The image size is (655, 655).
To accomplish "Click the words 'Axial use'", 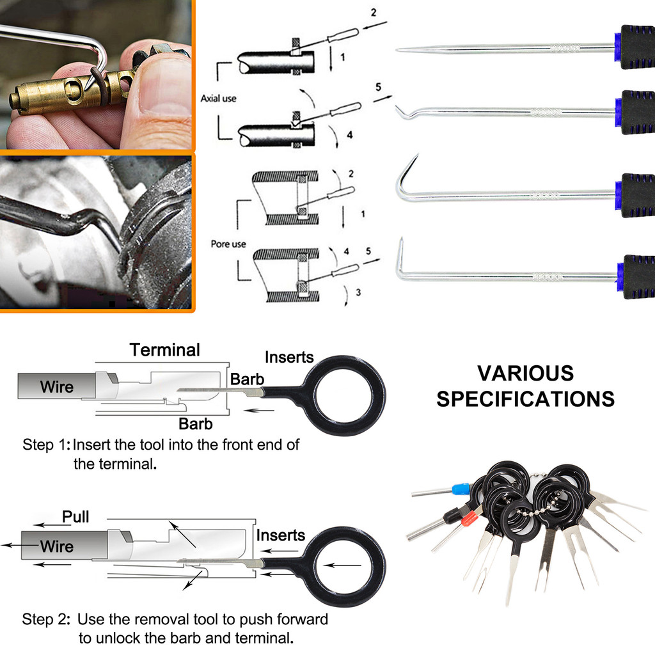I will click(219, 99).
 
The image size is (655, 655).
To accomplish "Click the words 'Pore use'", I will click(229, 244).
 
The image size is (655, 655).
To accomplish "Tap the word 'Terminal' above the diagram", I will click(165, 350).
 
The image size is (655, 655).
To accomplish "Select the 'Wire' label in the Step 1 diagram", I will click(56, 386).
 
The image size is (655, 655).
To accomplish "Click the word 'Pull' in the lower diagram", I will click(75, 516).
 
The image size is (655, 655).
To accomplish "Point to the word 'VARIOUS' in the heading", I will click(526, 373).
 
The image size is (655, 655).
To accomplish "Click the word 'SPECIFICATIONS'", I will click(526, 399).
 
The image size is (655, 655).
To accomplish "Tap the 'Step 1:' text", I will click(46, 445).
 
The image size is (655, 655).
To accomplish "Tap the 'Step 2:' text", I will click(47, 619).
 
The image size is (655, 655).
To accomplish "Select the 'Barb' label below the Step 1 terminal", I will click(195, 423).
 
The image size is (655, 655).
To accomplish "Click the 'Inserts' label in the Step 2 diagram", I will click(281, 535).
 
